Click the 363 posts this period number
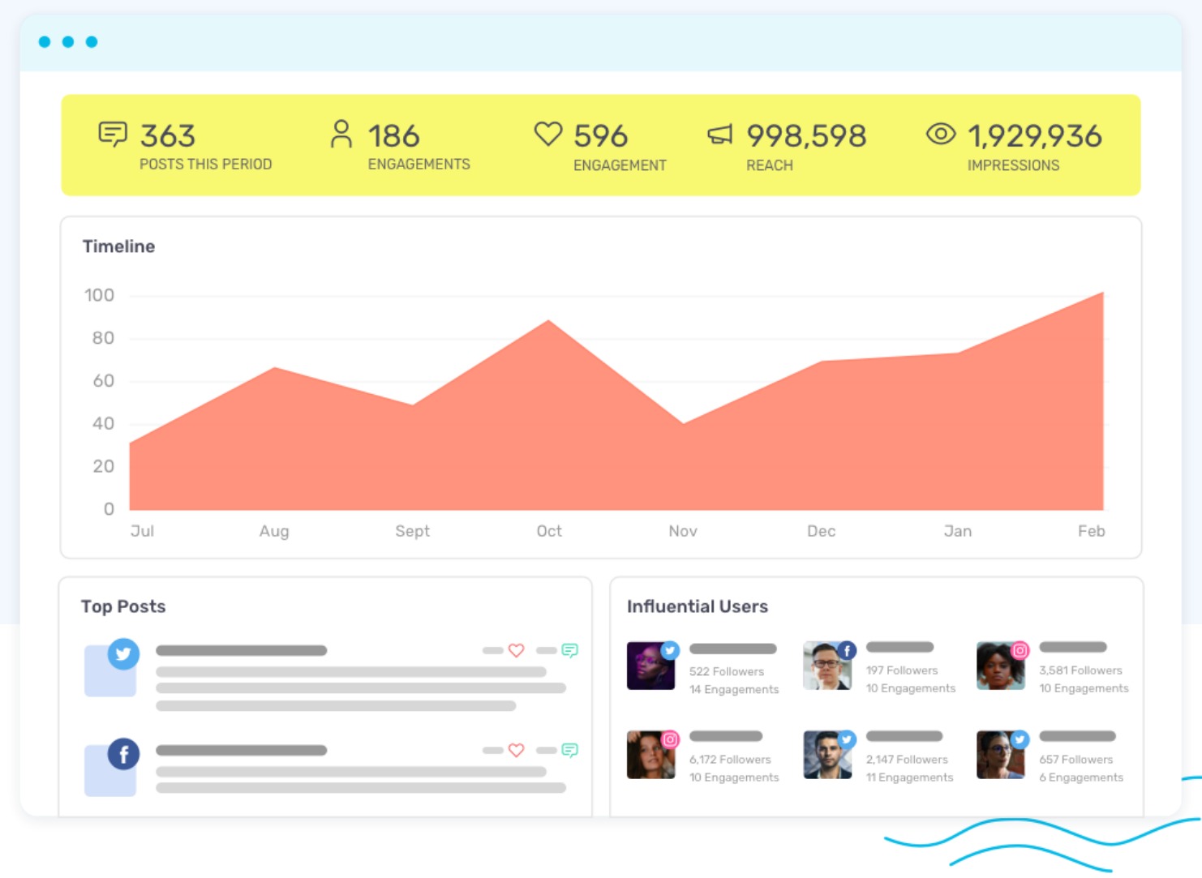168,135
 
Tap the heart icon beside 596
548,134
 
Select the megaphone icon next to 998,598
719,134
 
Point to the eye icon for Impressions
941,134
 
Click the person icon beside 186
341,134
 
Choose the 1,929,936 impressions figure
1034,135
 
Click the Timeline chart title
118,246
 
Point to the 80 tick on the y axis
103,338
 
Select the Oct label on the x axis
549,531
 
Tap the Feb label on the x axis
1091,531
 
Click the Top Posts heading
123,606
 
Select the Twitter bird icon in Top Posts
123,653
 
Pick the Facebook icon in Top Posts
123,755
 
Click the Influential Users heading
697,606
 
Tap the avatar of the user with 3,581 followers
999,666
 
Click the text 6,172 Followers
730,760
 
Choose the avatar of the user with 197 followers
826,666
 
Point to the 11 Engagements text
909,777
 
